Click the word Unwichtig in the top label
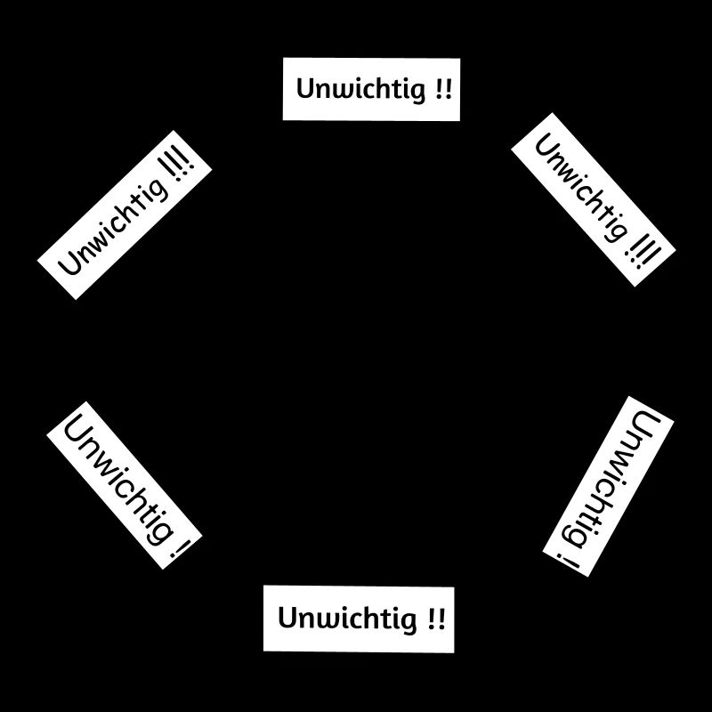pyautogui.click(x=361, y=89)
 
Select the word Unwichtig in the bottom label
pyautogui.click(x=347, y=619)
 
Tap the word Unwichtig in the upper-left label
pyautogui.click(x=114, y=227)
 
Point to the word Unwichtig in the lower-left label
pyautogui.click(x=119, y=480)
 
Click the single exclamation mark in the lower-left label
pyautogui.click(x=179, y=547)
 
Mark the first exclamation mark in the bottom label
pyautogui.click(x=432, y=618)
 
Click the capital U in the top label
pyautogui.click(x=305, y=88)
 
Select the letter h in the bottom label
pyautogui.click(x=370, y=617)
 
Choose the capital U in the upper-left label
pyautogui.click(x=70, y=263)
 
